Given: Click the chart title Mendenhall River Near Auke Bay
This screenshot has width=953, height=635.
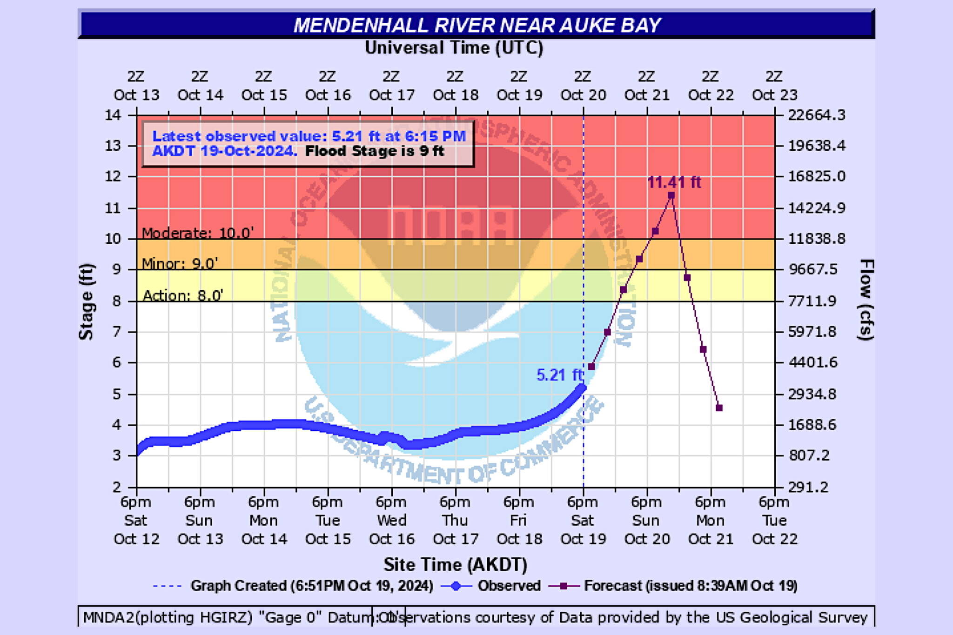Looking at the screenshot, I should pyautogui.click(x=477, y=25).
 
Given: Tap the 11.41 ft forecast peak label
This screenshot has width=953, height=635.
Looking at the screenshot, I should pyautogui.click(x=674, y=182).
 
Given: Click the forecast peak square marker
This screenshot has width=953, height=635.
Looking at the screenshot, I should pyautogui.click(x=671, y=196).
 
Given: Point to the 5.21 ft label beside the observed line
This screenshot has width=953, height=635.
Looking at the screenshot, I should pyautogui.click(x=559, y=375).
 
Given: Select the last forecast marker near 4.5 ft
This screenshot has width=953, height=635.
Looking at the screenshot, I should pyautogui.click(x=719, y=408).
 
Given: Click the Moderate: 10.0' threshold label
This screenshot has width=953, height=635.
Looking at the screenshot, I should pyautogui.click(x=198, y=233).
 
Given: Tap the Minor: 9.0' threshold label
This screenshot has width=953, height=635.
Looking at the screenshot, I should pyautogui.click(x=180, y=264).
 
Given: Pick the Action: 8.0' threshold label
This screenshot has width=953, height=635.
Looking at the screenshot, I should pyautogui.click(x=183, y=295).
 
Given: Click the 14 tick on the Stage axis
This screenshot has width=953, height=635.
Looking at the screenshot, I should pyautogui.click(x=113, y=115).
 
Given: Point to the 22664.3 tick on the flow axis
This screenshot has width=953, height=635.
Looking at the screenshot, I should pyautogui.click(x=817, y=115).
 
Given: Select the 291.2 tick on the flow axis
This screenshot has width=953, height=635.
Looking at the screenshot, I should pyautogui.click(x=808, y=487).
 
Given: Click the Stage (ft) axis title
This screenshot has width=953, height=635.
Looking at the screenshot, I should pyautogui.click(x=87, y=301).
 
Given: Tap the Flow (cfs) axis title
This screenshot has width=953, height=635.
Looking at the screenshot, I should pyautogui.click(x=866, y=300).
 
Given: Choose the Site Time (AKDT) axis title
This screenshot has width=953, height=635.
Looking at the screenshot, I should pyautogui.click(x=455, y=564).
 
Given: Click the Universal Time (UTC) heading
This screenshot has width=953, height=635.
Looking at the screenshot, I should pyautogui.click(x=454, y=48).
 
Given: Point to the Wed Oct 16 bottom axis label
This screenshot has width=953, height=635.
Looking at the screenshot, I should pyautogui.click(x=391, y=520).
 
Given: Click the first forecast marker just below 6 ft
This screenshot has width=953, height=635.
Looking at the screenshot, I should pyautogui.click(x=591, y=367).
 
